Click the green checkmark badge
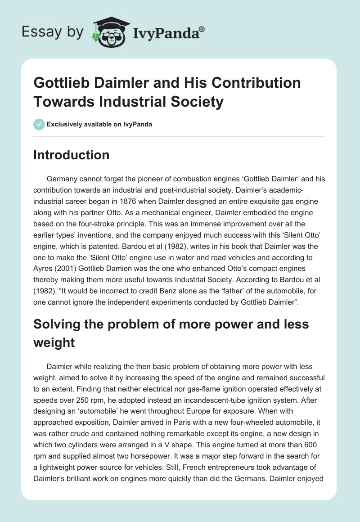pos(39,124)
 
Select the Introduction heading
pos(72,155)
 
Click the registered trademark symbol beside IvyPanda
pos(202,28)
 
